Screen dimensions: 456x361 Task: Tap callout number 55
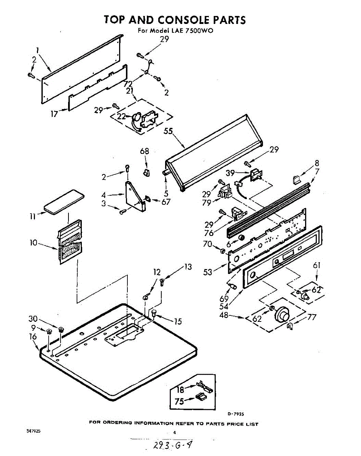coord(168,131)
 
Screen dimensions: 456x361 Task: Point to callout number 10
coord(34,242)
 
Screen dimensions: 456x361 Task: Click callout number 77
coord(312,317)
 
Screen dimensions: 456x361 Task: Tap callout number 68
coord(144,151)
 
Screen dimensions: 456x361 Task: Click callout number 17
coord(54,113)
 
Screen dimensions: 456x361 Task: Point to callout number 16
coord(33,336)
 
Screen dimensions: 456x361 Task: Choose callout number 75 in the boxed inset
coord(179,401)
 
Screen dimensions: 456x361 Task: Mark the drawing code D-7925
coord(236,414)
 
